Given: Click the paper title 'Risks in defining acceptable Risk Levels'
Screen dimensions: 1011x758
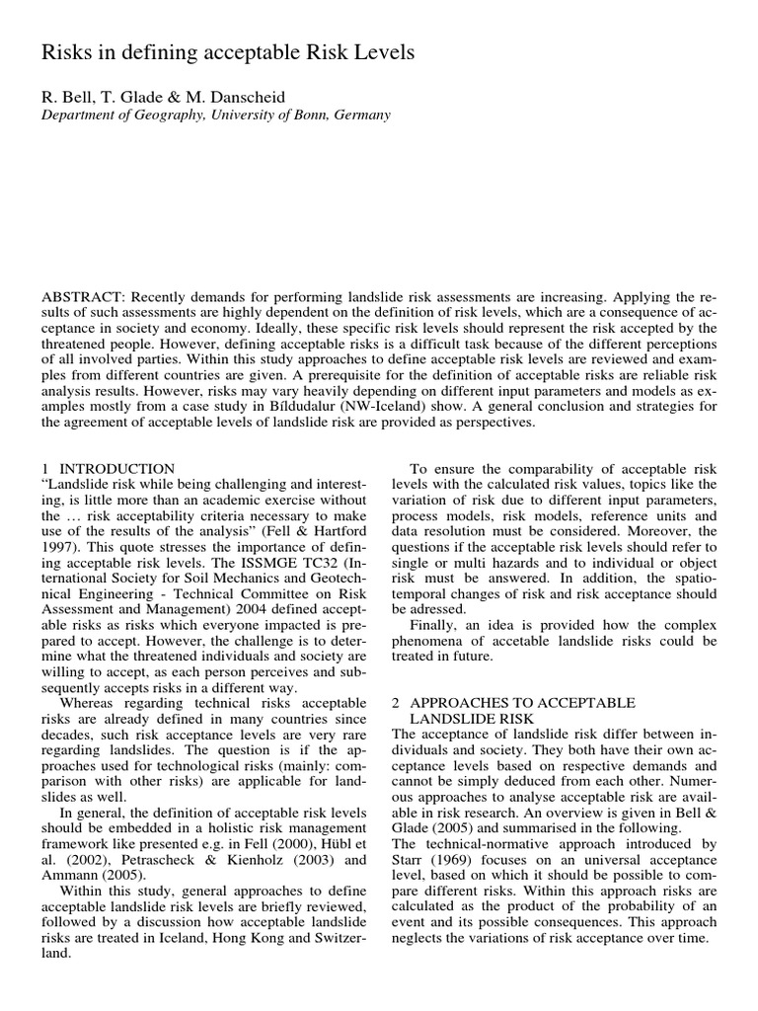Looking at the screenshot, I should coord(228,52).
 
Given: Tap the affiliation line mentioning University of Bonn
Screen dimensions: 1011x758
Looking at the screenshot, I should coord(215,115).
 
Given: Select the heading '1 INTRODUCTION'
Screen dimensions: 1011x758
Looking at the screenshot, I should coord(109,468).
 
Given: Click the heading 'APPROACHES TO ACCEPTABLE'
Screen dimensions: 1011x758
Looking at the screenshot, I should coord(522,702).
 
